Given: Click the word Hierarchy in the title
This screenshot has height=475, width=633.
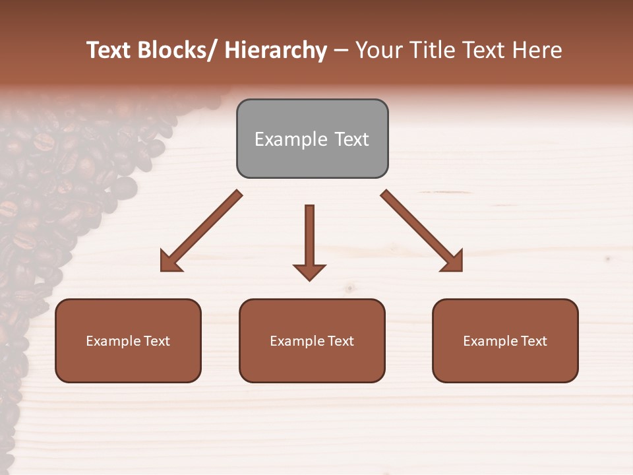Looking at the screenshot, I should point(276,50).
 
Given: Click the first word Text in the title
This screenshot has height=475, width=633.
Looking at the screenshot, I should point(109,50).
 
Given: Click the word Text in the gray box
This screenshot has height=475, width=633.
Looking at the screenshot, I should point(351,139).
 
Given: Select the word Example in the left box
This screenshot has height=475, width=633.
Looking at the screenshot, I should point(113,341).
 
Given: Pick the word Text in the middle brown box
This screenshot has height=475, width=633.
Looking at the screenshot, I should point(340,341).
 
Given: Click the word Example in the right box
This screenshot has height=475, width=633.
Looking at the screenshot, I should point(491,341).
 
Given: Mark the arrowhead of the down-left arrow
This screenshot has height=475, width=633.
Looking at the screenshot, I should point(170,261).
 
